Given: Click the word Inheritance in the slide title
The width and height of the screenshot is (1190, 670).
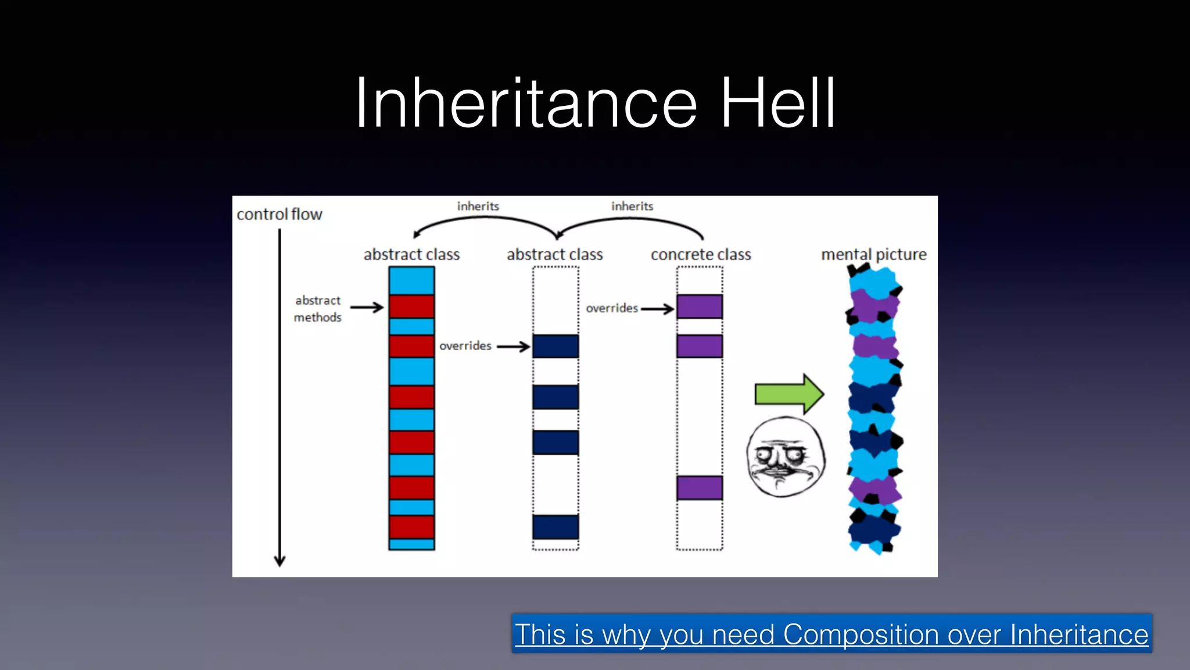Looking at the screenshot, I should tap(526, 104).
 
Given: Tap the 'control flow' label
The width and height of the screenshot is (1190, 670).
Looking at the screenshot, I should tap(279, 215).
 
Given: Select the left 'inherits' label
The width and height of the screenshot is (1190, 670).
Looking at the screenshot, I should tap(478, 206).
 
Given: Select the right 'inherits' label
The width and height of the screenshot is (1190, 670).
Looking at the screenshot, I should tap(632, 206).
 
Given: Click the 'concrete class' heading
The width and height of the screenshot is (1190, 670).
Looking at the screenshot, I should tap(701, 255).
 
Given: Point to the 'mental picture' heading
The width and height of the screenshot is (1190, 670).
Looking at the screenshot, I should tap(873, 255).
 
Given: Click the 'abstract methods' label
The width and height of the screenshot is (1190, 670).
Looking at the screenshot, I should tap(318, 309).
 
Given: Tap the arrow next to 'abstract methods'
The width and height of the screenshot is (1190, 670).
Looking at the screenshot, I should tap(367, 307).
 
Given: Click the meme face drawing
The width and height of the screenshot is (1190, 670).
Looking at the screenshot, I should tap(786, 457).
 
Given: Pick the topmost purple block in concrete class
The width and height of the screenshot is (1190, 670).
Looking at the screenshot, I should tap(700, 307).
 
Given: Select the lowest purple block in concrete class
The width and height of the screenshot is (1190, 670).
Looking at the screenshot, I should tap(700, 488).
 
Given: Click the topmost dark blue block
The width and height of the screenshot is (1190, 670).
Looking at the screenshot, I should tap(555, 346).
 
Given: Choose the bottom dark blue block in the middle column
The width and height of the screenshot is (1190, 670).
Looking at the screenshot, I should tap(555, 527).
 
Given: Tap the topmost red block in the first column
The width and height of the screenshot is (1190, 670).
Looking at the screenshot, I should tap(411, 307).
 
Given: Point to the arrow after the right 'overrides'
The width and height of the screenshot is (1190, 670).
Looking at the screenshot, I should tap(658, 309).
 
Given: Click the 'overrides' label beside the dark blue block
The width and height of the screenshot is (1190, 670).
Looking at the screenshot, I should tap(465, 346).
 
